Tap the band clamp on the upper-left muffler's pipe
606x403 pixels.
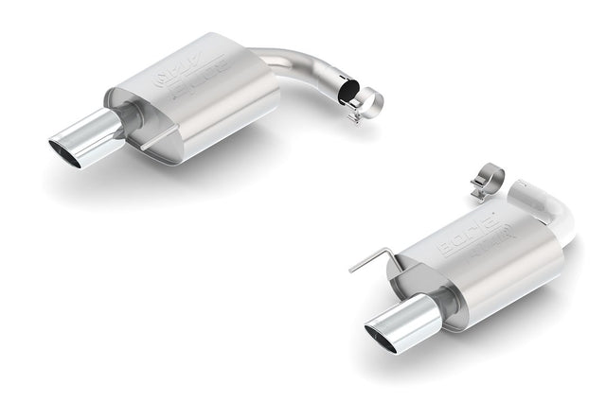point(365,99)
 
